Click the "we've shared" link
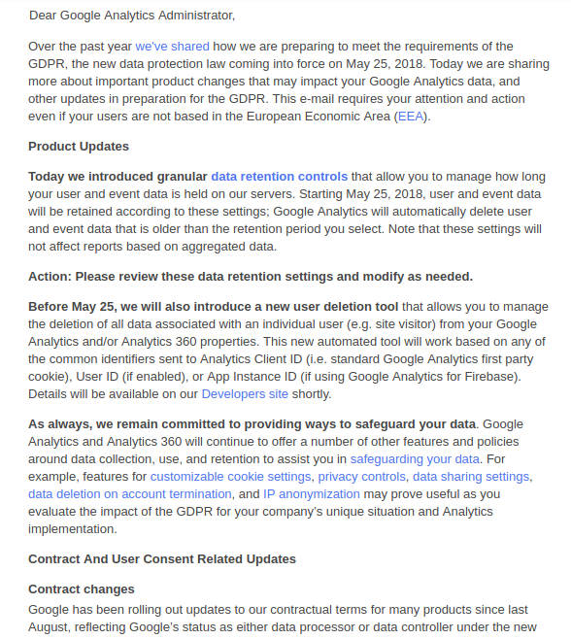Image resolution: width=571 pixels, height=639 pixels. click(170, 46)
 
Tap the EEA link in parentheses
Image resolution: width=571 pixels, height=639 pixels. click(410, 117)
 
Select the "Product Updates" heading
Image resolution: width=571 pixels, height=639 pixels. click(79, 147)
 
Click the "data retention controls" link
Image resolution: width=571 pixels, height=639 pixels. click(279, 177)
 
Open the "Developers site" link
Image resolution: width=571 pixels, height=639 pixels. click(245, 393)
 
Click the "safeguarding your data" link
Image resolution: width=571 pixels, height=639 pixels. click(415, 458)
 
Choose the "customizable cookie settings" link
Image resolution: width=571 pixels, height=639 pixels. click(230, 477)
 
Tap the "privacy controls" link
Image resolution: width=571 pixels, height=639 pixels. click(361, 477)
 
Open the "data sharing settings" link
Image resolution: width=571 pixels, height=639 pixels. click(471, 477)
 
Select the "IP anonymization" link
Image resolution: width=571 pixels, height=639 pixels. click(311, 494)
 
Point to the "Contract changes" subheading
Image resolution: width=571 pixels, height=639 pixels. click(82, 589)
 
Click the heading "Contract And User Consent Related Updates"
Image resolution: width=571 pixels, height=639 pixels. click(162, 559)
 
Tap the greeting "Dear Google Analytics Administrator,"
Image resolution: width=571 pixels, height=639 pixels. click(132, 16)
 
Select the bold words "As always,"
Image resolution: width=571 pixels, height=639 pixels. click(59, 424)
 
